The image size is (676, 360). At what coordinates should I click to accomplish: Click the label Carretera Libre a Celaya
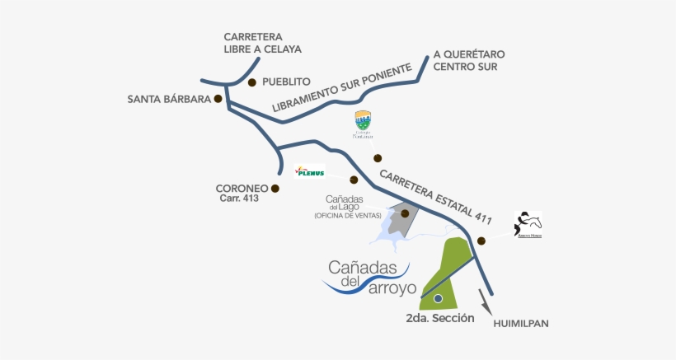coord(262,43)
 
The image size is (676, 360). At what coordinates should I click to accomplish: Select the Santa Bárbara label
coord(169,100)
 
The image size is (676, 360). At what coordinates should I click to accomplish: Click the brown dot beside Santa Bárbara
coord(218,99)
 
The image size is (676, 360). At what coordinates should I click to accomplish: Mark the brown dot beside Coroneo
coord(275,189)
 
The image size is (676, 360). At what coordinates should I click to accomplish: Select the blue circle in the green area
coord(439,298)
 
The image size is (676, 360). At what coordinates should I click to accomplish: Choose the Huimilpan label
coord(520,324)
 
